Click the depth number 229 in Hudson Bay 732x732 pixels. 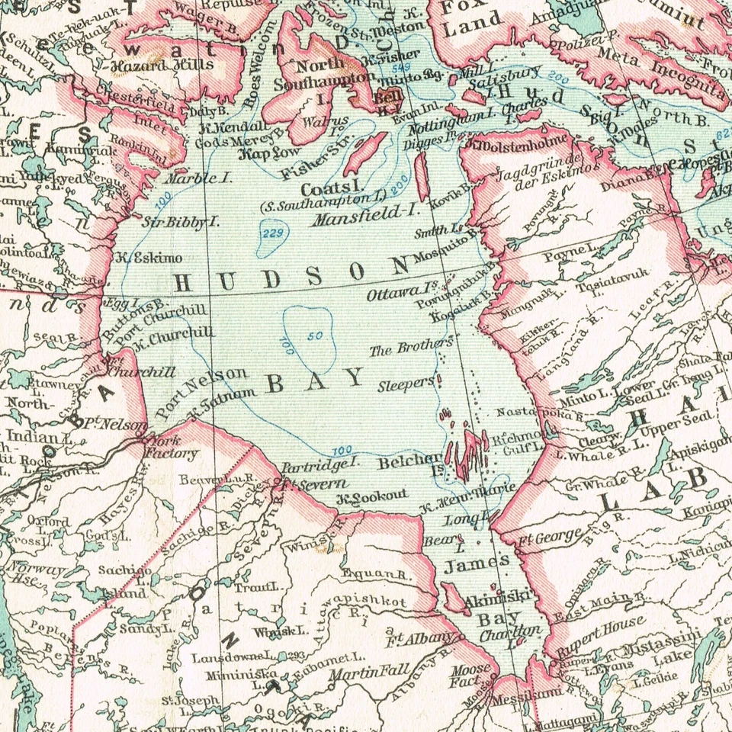tap(271, 233)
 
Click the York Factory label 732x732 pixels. tap(171, 448)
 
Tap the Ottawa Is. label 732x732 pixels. tap(394, 292)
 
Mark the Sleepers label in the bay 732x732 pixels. tap(406, 386)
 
